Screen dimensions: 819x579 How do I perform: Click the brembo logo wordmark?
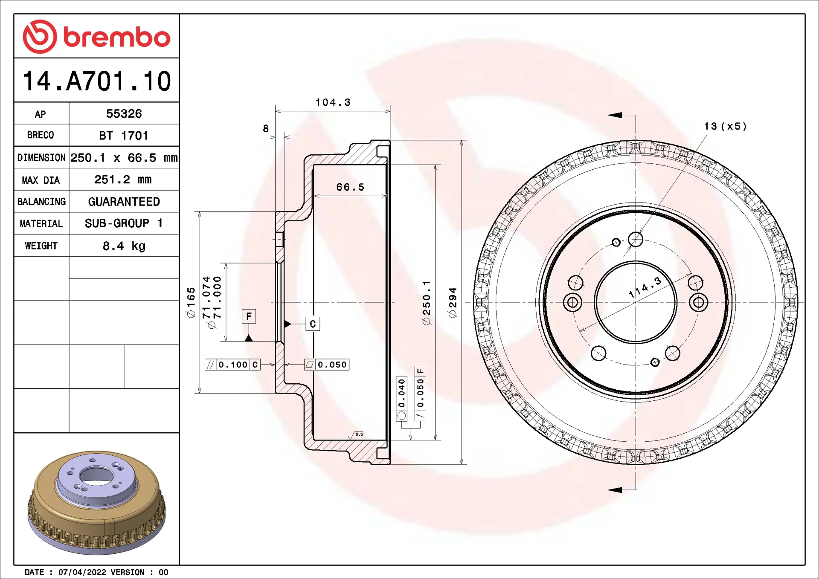(117, 37)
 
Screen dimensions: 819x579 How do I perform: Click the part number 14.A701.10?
(97, 81)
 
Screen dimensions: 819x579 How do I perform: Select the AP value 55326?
(124, 114)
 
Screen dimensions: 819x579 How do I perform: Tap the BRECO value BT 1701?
(124, 136)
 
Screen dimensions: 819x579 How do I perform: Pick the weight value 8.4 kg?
(124, 246)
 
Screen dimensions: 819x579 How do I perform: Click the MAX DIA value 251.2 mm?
(123, 179)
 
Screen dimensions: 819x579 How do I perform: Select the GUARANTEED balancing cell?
(124, 202)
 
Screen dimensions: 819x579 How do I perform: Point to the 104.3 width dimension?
(333, 102)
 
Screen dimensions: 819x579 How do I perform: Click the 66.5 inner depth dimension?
(350, 187)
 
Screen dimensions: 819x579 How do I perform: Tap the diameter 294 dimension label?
(452, 302)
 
